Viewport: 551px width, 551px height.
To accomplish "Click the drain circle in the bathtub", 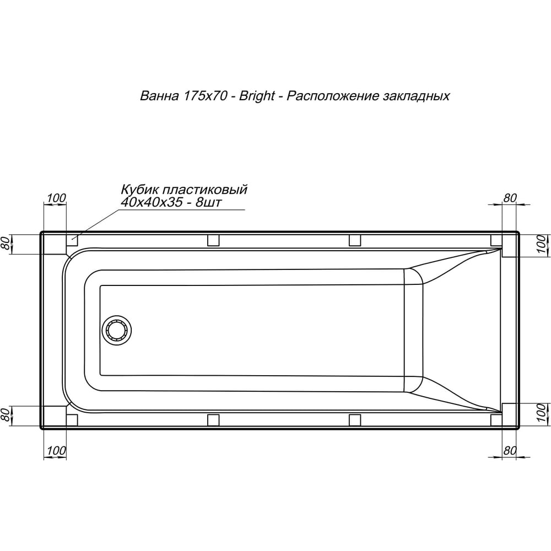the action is click(x=117, y=330).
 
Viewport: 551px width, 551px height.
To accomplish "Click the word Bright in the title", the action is click(x=257, y=96).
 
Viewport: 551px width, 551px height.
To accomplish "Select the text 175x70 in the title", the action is click(x=204, y=96).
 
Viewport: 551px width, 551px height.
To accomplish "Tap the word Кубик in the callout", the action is click(x=137, y=190).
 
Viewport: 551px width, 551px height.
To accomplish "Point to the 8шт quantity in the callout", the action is click(x=208, y=202).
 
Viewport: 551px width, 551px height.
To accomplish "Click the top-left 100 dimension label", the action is click(x=56, y=198).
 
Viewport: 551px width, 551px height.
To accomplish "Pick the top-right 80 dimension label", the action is click(x=510, y=198).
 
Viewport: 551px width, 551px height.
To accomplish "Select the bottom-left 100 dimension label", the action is click(x=56, y=450).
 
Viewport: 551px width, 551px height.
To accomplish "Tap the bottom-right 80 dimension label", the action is click(x=509, y=451).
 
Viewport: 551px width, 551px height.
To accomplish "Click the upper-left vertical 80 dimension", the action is click(x=6, y=243).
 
